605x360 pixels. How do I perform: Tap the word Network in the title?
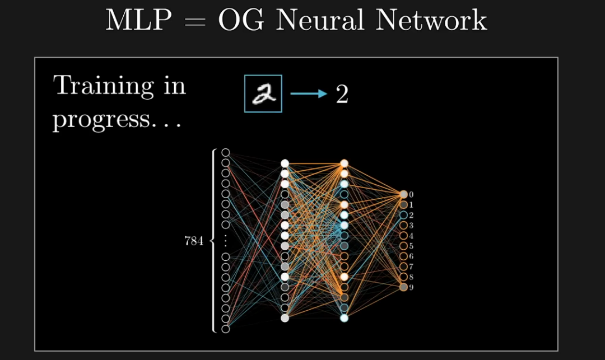pyautogui.click(x=431, y=20)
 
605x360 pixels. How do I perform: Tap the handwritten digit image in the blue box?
pyautogui.click(x=263, y=93)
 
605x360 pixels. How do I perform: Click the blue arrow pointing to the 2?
pyautogui.click(x=308, y=93)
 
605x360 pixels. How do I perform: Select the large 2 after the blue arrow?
pyautogui.click(x=342, y=94)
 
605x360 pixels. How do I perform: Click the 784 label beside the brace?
pyautogui.click(x=194, y=242)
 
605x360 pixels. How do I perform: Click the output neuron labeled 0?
pyautogui.click(x=403, y=194)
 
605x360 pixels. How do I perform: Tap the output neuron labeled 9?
pyautogui.click(x=403, y=287)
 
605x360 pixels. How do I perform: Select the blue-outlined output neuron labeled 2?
pyautogui.click(x=403, y=215)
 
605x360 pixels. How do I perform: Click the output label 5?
pyautogui.click(x=411, y=246)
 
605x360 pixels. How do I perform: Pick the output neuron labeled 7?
pyautogui.click(x=403, y=267)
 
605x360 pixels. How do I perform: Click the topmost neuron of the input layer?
pyautogui.click(x=226, y=152)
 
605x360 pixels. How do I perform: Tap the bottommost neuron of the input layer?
pyautogui.click(x=226, y=329)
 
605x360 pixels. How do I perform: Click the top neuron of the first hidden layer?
pyautogui.click(x=285, y=163)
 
